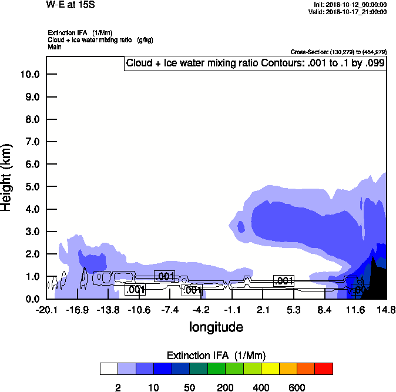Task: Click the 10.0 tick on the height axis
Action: [x=29, y=74]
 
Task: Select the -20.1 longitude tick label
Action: [x=46, y=310]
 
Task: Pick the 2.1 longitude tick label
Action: [x=263, y=310]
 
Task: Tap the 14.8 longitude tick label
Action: [x=385, y=310]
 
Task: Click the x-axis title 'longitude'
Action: [x=216, y=327]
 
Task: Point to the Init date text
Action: [x=350, y=5]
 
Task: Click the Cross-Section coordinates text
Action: [x=338, y=52]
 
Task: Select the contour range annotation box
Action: [x=255, y=63]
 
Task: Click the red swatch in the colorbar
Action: [x=323, y=368]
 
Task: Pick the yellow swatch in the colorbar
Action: [x=269, y=368]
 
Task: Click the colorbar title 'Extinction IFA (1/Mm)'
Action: [x=216, y=356]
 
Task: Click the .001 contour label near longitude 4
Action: [x=284, y=281]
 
